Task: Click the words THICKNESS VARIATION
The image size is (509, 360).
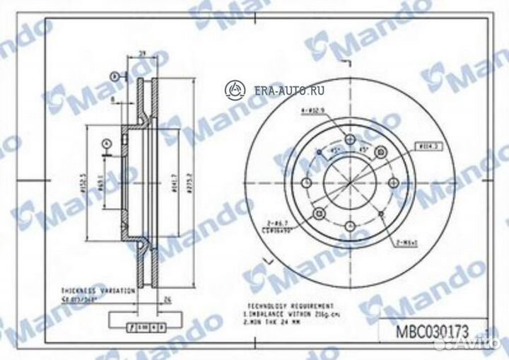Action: point(88,291)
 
